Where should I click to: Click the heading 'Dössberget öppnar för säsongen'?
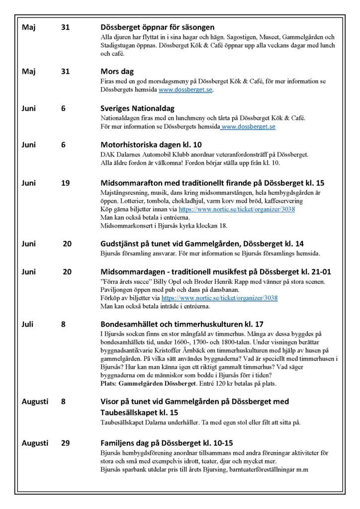pos(157,27)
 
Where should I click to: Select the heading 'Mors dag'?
pos(117,72)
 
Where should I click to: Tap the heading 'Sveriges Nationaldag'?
pos(137,108)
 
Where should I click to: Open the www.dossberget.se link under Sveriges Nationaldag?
pos(248,127)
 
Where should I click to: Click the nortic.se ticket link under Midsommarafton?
pos(237,209)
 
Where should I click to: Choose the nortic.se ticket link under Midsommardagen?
pos(220,298)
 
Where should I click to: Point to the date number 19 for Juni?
pos(66,183)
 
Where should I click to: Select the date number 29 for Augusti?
pos(66,443)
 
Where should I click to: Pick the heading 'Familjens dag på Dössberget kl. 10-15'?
pos(167,443)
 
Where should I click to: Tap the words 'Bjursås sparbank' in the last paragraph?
pos(123,470)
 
